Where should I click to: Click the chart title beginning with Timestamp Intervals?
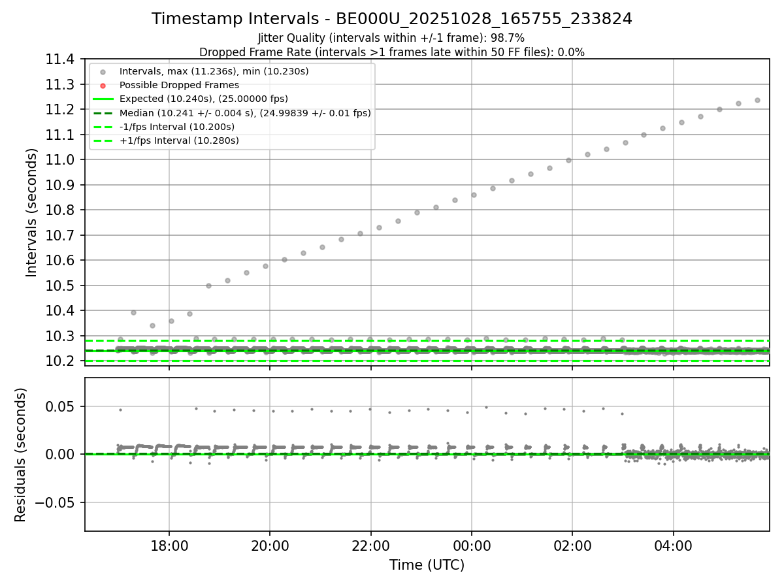tap(391, 19)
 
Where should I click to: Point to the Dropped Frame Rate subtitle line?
tap(391, 52)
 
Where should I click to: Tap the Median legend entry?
tap(245, 113)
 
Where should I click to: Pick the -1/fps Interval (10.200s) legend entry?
tap(176, 127)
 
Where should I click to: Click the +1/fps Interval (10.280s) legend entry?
tap(178, 140)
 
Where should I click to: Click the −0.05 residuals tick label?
tap(59, 502)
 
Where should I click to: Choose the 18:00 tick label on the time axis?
tap(169, 546)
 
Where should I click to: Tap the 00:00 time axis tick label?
tap(472, 546)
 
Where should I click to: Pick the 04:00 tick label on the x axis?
tap(673, 546)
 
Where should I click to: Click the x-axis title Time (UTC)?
tap(427, 565)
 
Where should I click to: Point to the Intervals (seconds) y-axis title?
tap(31, 212)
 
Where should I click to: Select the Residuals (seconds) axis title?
tap(20, 455)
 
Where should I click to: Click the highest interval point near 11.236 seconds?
tap(757, 100)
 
